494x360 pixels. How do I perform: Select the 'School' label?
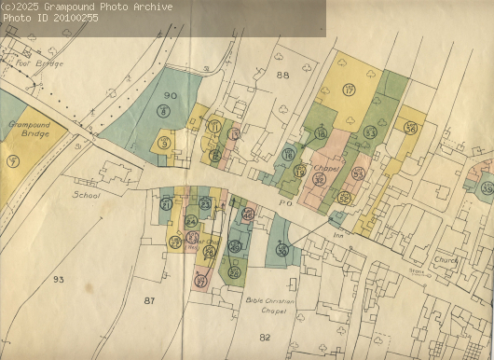87,196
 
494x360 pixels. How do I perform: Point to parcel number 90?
170,96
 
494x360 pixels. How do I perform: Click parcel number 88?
282,75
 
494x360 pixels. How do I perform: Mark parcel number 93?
59,279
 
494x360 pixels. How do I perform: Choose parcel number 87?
149,300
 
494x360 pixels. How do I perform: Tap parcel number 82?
264,337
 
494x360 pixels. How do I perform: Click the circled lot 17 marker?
350,90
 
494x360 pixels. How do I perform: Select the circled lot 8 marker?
164,112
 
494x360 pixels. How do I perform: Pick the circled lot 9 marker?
164,143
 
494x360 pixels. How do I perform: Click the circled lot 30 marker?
282,249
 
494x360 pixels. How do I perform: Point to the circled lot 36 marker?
411,128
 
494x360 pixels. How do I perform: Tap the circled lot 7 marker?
12,161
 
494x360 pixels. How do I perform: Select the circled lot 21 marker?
166,203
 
